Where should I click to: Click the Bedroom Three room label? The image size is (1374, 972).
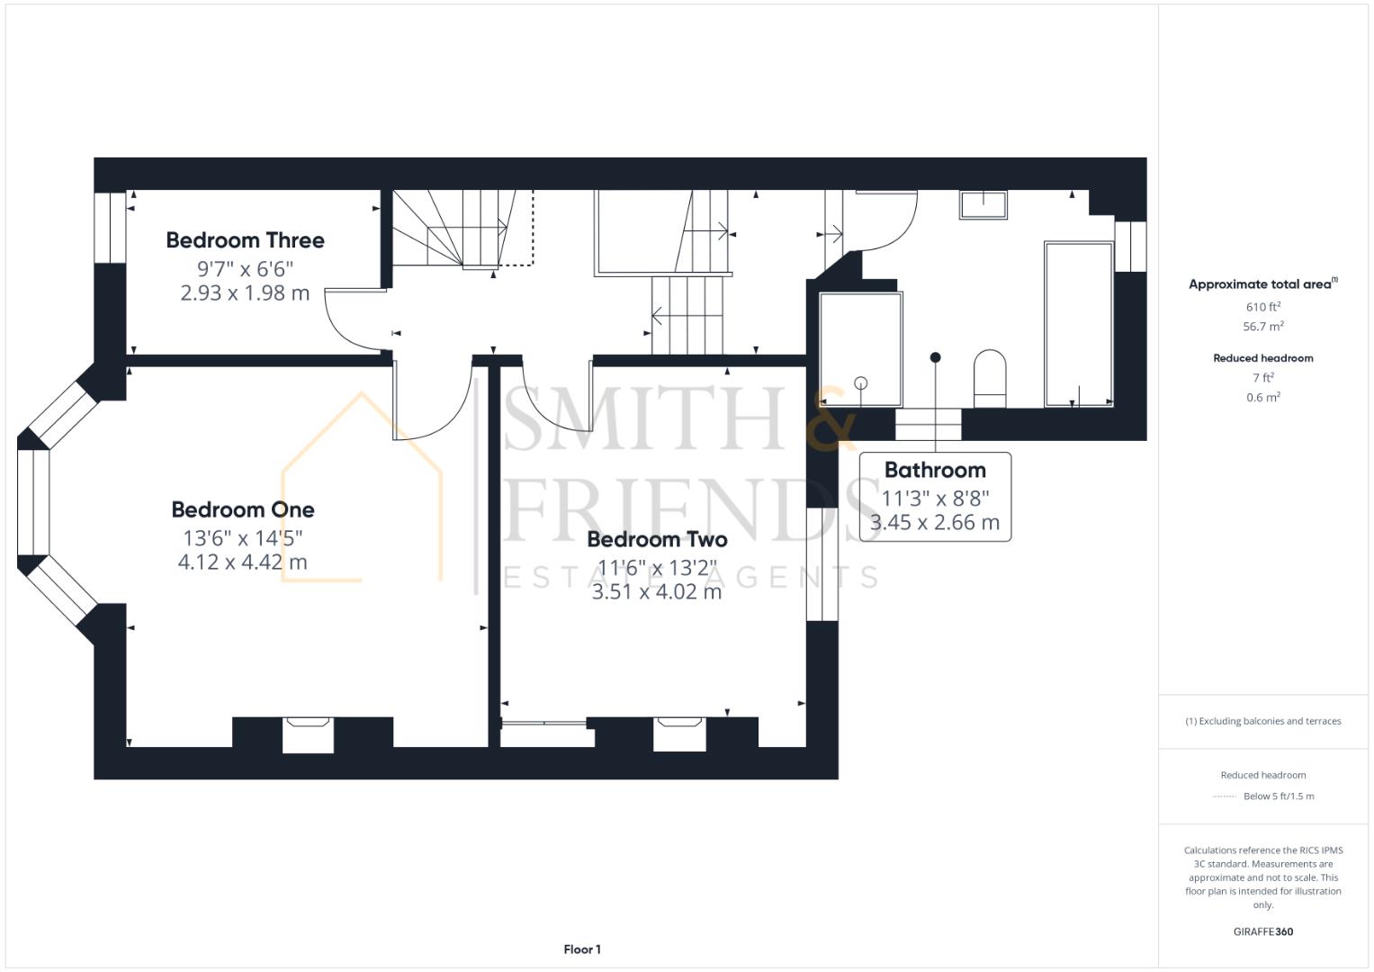pos(245,240)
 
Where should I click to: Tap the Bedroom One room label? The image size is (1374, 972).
pos(243,509)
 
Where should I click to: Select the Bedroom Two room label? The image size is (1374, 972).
pos(657,539)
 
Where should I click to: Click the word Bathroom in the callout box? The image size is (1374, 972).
pos(935,470)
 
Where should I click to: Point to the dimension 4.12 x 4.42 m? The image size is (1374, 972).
pos(243,562)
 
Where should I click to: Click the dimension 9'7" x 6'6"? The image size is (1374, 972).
pos(245,268)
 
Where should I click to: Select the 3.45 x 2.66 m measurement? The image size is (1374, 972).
pos(935,522)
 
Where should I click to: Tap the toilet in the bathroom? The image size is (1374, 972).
pos(989,378)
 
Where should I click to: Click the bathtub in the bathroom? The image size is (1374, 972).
pos(1078,324)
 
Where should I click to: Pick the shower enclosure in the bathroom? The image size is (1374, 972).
pos(860,349)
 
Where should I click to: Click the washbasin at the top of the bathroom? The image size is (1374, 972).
pos(983,205)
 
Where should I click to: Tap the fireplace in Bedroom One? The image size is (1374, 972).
pos(308,733)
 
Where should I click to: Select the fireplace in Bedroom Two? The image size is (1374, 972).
pos(679,733)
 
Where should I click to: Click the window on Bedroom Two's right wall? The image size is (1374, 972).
pos(821,564)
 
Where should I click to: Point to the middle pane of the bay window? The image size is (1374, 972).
pos(32,501)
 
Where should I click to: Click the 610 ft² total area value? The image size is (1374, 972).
pos(1262,307)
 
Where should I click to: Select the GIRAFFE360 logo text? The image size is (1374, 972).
pos(1262,931)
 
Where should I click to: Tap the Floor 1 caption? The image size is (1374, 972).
pos(582,949)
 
